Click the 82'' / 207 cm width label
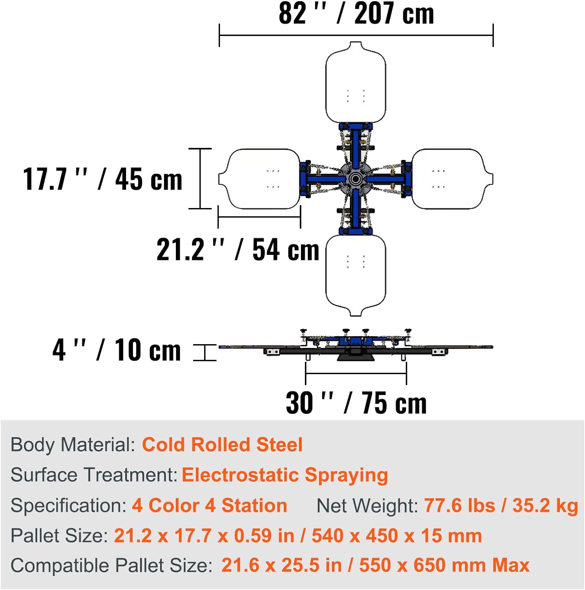(356, 14)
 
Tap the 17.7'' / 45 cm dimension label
(103, 179)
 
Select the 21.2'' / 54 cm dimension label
(238, 250)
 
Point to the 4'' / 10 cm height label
(117, 350)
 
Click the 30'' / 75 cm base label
(356, 403)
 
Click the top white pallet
(356, 83)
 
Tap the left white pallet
(260, 179)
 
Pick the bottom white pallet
(356, 275)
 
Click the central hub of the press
(356, 179)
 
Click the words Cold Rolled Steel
(222, 445)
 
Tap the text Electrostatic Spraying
(285, 475)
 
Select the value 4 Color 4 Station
(209, 505)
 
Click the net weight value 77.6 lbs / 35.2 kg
(501, 505)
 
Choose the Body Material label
(73, 445)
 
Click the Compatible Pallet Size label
(111, 566)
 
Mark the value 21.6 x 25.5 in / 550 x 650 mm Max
(375, 566)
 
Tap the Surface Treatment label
(94, 475)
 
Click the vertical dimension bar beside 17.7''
(200, 179)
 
